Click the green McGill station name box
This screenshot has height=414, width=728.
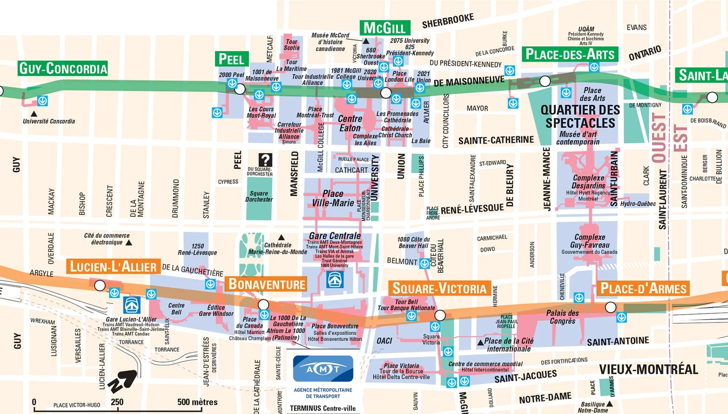(384, 28)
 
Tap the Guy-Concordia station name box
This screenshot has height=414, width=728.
(63, 68)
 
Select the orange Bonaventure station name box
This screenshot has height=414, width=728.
(266, 284)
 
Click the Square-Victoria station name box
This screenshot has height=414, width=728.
(439, 288)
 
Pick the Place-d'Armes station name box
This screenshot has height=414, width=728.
(643, 288)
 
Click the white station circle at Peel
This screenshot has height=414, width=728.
(240, 89)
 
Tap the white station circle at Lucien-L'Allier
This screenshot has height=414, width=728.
(100, 286)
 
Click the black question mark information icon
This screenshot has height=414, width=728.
(265, 160)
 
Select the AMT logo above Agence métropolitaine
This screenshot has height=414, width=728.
(323, 368)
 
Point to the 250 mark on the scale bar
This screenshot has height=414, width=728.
(117, 403)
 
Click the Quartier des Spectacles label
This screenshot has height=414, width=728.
(580, 117)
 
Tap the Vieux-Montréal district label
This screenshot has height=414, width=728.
(648, 369)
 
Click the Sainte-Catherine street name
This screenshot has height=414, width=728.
(496, 140)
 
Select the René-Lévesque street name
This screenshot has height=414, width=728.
(472, 210)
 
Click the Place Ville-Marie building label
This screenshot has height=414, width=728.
(333, 198)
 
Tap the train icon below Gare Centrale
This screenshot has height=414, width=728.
(335, 279)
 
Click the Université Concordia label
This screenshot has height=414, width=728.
(49, 121)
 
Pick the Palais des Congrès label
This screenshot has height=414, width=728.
(562, 317)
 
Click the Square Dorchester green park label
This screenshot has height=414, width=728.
(259, 196)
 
